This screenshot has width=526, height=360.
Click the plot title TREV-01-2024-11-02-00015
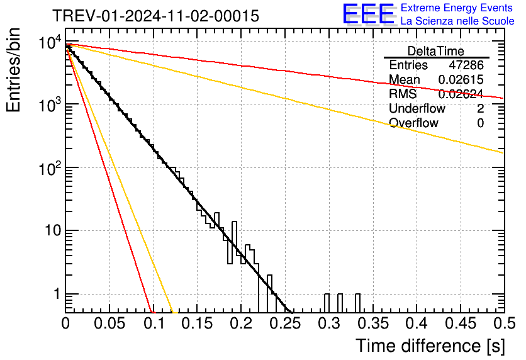pyautogui.click(x=155, y=16)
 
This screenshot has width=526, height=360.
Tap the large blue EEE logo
pyautogui.click(x=368, y=14)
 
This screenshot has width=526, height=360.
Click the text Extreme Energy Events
pyautogui.click(x=457, y=8)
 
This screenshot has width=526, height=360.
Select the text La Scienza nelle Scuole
pyautogui.click(x=457, y=21)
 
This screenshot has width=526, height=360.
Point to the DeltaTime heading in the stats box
pyautogui.click(x=435, y=51)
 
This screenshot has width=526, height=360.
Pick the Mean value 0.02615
pyautogui.click(x=461, y=80)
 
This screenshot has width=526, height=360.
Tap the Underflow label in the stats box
pyautogui.click(x=417, y=108)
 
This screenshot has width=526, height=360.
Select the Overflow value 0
pyautogui.click(x=480, y=123)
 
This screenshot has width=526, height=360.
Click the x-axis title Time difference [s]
pyautogui.click(x=430, y=346)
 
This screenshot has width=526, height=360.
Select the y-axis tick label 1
pyautogui.click(x=55, y=295)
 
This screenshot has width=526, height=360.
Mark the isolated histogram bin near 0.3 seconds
pyautogui.click(x=327, y=303)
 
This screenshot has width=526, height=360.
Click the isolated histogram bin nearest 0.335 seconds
pyautogui.click(x=357, y=303)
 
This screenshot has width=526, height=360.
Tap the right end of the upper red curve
pyautogui.click(x=503, y=98)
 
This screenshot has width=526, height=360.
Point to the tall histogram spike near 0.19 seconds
pyautogui.click(x=235, y=239)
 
